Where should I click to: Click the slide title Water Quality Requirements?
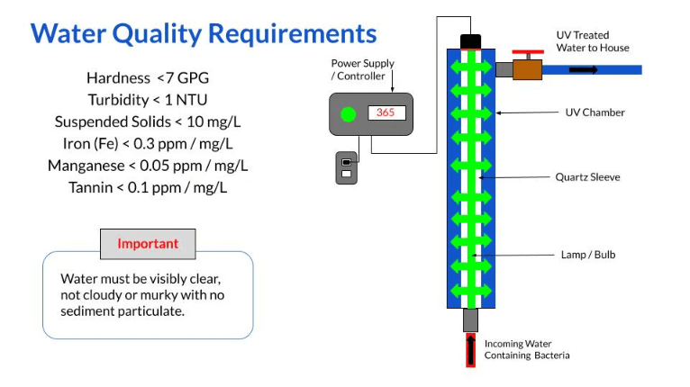(204, 34)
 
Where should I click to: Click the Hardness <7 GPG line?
(147, 78)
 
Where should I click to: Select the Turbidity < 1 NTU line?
(147, 100)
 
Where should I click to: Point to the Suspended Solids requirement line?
(147, 121)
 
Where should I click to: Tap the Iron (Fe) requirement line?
(147, 143)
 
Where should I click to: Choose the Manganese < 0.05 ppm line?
(147, 166)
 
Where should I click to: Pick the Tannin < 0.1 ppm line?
(147, 187)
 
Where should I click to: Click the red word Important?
(148, 244)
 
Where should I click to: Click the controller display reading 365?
(386, 113)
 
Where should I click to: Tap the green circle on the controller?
(347, 114)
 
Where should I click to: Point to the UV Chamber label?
(595, 112)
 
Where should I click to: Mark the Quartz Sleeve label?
(587, 177)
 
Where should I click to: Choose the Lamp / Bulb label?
(587, 255)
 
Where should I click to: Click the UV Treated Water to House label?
(592, 41)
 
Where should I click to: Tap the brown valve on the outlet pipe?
(527, 68)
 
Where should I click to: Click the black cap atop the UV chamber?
(471, 41)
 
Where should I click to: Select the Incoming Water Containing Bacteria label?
(527, 349)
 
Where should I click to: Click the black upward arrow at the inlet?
(470, 349)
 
